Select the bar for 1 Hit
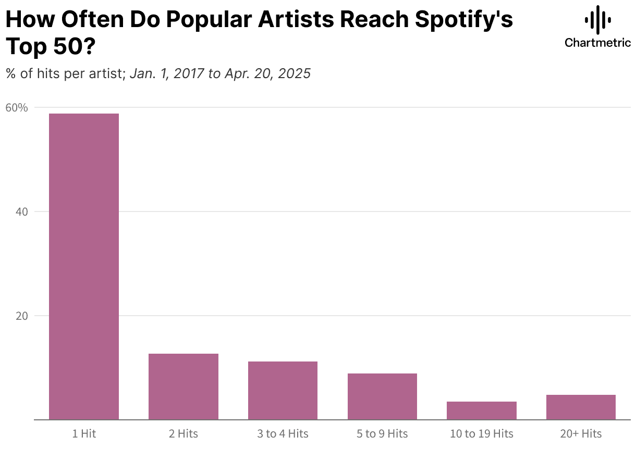coord(84,266)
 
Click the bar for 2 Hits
coord(184,386)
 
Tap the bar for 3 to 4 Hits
coord(283,390)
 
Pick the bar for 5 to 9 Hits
coord(382,396)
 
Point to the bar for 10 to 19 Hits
coord(482,410)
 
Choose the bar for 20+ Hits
coord(581,407)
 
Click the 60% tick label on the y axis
coord(16,108)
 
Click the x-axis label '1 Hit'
coord(84,433)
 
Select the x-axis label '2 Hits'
coord(184,433)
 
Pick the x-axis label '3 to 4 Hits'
coord(283,433)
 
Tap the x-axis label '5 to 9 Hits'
coord(382,433)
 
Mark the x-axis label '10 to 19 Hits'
coord(482,433)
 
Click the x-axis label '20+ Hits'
coord(581,433)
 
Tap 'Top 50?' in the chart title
coord(50,47)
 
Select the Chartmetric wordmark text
coord(597,43)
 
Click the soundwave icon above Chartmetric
coord(597,20)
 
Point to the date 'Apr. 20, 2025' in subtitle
coord(267,74)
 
